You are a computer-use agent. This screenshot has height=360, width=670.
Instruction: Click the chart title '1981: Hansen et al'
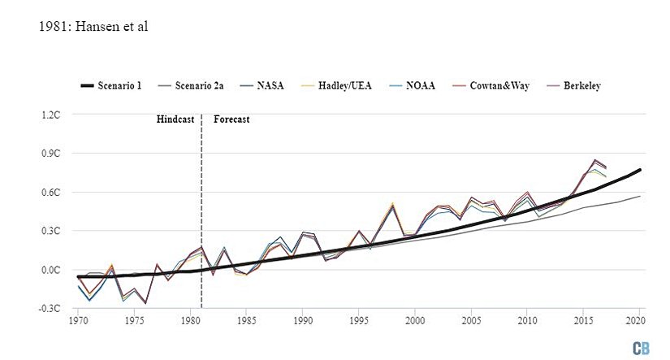click(93, 27)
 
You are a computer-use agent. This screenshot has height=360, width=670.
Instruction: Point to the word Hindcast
click(176, 119)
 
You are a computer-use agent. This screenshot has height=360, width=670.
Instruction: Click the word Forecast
click(231, 119)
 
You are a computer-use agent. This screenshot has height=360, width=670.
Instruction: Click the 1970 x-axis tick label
click(79, 322)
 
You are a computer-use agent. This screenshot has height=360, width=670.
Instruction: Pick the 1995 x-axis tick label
click(359, 322)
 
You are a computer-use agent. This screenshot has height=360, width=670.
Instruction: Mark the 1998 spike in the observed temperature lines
click(393, 205)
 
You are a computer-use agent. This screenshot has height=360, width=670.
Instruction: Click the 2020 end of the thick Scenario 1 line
click(640, 170)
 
